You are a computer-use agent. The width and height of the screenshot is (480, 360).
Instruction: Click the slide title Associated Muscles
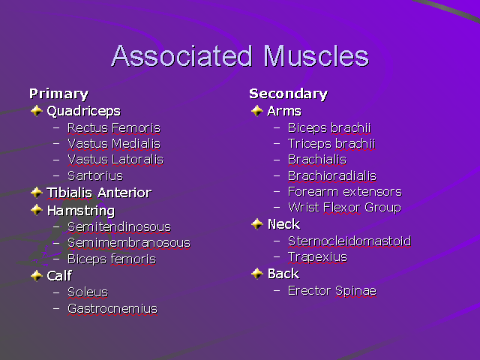(x=240, y=57)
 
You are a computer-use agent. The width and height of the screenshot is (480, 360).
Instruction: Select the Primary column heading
(x=58, y=94)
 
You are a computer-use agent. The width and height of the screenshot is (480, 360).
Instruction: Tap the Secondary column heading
(x=288, y=94)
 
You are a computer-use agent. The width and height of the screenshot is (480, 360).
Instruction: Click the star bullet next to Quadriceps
(x=37, y=111)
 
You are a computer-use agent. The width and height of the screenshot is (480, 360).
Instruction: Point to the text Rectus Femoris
(x=113, y=127)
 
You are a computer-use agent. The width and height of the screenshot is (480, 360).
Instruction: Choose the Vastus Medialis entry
(x=113, y=143)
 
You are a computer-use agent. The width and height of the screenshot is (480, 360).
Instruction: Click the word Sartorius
(x=94, y=175)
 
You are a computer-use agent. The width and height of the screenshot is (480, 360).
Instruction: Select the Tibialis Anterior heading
(x=98, y=193)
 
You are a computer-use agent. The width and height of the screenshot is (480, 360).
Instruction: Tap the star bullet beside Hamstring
(x=37, y=211)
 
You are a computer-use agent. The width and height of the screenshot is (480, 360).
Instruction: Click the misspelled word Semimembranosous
(x=128, y=243)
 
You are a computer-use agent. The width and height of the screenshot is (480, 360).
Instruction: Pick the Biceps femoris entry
(x=111, y=259)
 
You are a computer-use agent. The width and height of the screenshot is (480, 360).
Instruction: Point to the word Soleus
(x=87, y=292)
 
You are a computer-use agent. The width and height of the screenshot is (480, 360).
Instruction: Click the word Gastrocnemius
(x=112, y=308)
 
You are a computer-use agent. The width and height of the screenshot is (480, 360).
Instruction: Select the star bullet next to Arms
(x=257, y=111)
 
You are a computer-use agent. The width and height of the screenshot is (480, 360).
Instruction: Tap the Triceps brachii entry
(x=331, y=143)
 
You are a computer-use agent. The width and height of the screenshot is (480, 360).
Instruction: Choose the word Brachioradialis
(x=331, y=175)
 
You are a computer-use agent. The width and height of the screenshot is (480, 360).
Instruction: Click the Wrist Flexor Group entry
(x=344, y=207)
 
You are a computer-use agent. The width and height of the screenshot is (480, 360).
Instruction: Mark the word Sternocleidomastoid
(x=349, y=241)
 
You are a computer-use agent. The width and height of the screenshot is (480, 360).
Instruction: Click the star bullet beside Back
(x=257, y=274)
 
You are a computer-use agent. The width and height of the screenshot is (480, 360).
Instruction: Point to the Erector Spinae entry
(x=331, y=290)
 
